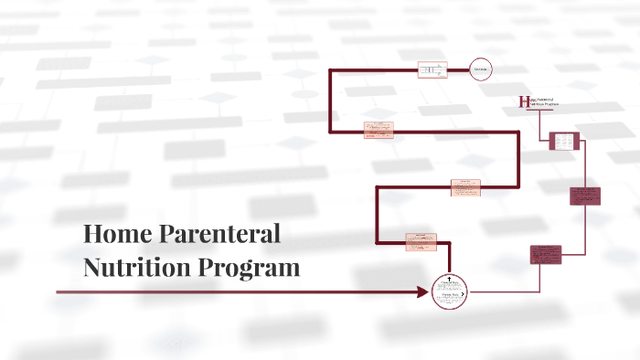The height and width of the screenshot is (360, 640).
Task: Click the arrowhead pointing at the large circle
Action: coord(422,292)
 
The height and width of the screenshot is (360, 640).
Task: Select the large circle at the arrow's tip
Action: coord(449,292)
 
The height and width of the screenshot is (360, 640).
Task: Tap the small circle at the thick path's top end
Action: coord(481,70)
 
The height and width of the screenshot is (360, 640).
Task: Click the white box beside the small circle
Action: coord(432,70)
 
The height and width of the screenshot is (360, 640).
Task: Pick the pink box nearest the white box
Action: coord(379,130)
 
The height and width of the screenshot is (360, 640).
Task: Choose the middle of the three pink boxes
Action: coord(465,187)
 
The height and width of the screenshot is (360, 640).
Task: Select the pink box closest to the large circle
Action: coord(421,241)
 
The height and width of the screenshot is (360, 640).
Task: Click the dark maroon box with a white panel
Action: coord(564,142)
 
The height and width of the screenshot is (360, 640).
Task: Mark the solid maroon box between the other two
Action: coord(584,196)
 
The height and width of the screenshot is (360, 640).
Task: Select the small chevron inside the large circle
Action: coord(465,292)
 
